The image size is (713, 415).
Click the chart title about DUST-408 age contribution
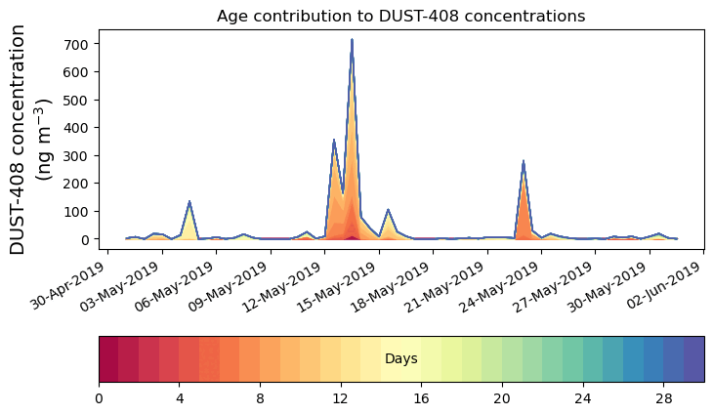pos(400,16)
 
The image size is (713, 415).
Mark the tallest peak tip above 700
pos(352,40)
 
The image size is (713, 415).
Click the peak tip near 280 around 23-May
pos(524,161)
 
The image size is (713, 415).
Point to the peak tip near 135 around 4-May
pos(189,202)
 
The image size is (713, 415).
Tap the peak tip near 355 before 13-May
pos(334,141)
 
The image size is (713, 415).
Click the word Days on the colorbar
pos(401,359)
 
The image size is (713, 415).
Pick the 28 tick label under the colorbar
pos(664,398)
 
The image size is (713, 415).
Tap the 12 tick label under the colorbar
pos(341,398)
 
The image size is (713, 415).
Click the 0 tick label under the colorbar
pos(99,398)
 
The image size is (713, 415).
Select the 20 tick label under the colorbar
pos(502,398)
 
